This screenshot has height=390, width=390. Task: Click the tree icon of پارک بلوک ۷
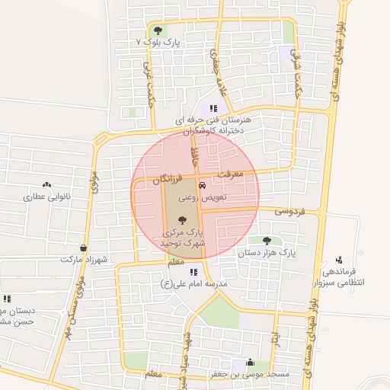[158, 31]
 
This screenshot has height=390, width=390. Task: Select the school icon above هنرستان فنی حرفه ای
[214, 108]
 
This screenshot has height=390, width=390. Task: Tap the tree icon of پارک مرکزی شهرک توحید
[181, 219]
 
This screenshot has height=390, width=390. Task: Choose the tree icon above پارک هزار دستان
[266, 240]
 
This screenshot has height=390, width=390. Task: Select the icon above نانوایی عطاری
[47, 184]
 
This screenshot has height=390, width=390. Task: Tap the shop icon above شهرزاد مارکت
[82, 248]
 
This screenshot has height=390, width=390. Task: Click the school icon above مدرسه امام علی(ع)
[194, 272]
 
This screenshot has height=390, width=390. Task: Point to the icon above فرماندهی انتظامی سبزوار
[339, 260]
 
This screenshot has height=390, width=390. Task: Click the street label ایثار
[278, 337]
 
